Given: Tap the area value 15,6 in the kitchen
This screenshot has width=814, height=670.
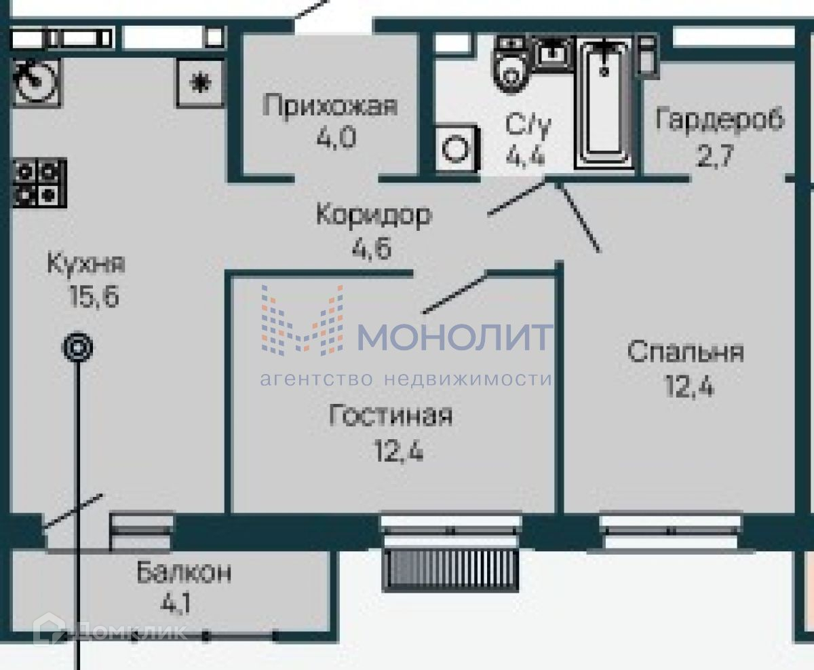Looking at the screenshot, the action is click(x=94, y=297).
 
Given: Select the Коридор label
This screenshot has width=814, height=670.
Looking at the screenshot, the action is click(x=374, y=215).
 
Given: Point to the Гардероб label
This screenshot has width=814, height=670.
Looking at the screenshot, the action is click(x=720, y=119).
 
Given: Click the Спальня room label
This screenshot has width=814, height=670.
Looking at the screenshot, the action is click(x=685, y=352).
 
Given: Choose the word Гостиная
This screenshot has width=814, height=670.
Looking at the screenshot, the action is click(x=390, y=415).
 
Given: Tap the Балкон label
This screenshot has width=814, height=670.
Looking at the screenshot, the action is click(x=184, y=572).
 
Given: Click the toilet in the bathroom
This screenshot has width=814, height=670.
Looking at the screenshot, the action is click(x=511, y=64).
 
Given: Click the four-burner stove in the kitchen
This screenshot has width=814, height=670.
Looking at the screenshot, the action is click(x=40, y=183).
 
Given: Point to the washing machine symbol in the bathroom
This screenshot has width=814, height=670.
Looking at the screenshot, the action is click(x=457, y=148).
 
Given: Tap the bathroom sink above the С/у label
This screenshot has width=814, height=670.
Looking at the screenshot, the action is click(x=554, y=54).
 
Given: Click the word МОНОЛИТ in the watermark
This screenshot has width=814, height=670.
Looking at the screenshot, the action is click(x=455, y=337).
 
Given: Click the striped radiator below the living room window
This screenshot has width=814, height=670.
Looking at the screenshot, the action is click(x=450, y=570).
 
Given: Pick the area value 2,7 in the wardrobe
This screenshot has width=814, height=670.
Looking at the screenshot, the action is click(x=714, y=155).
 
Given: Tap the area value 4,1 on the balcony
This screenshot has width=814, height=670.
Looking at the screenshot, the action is click(x=175, y=603).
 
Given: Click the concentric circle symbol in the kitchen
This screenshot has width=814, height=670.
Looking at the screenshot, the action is click(x=77, y=347).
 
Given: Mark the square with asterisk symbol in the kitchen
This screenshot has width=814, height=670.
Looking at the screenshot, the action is click(x=200, y=83).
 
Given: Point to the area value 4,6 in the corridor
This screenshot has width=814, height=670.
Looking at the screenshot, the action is click(x=371, y=248).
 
